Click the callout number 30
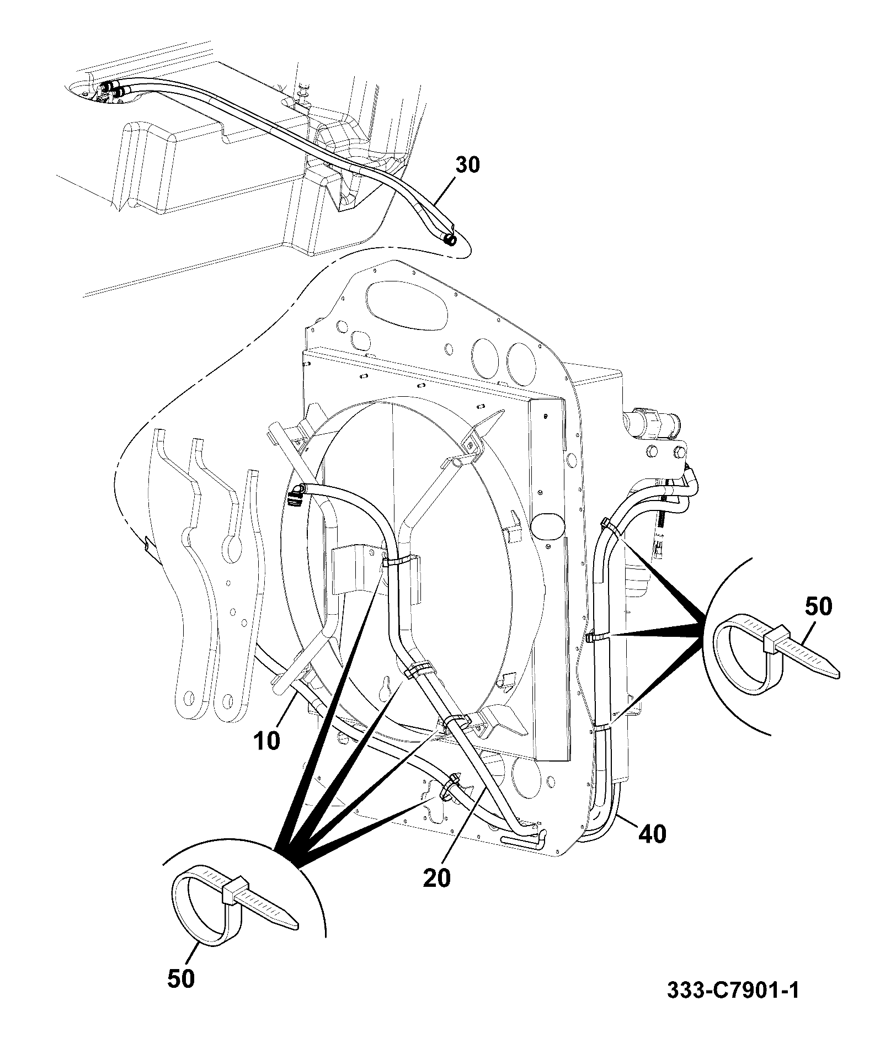tap(467, 165)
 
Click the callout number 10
tap(268, 741)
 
